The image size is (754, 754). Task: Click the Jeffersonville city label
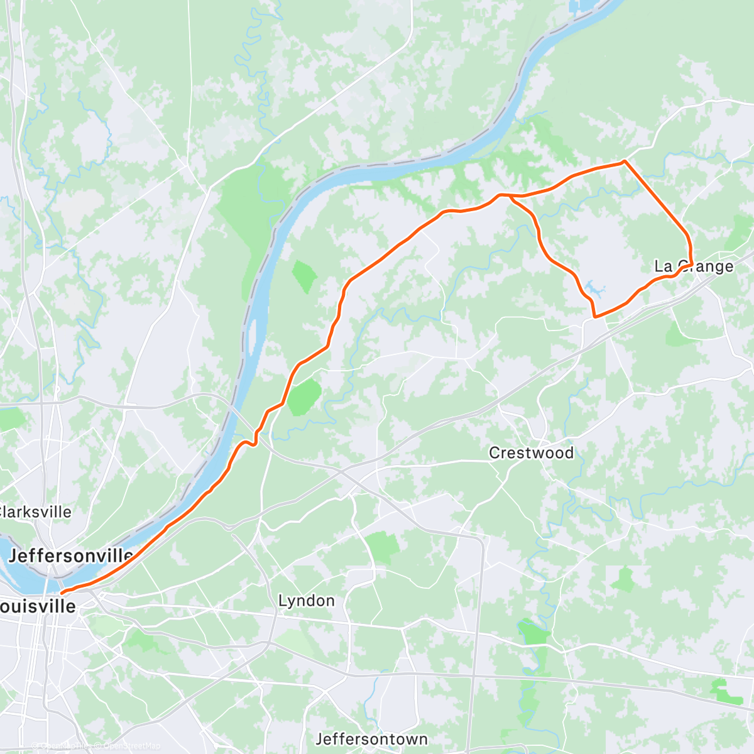pyautogui.click(x=70, y=555)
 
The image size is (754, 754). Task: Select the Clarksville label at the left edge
pyautogui.click(x=36, y=511)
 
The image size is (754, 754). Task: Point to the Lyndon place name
pyautogui.click(x=306, y=601)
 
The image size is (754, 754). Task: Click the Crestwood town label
pyautogui.click(x=531, y=452)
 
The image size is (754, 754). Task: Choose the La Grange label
pyautogui.click(x=694, y=266)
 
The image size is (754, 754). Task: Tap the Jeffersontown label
pyautogui.click(x=371, y=739)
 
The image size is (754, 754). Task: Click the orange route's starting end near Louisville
pyautogui.click(x=61, y=593)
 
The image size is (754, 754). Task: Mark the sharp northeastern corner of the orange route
pyautogui.click(x=623, y=161)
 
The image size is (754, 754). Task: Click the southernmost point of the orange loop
pyautogui.click(x=594, y=317)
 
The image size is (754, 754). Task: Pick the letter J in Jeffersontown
pyautogui.click(x=320, y=739)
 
